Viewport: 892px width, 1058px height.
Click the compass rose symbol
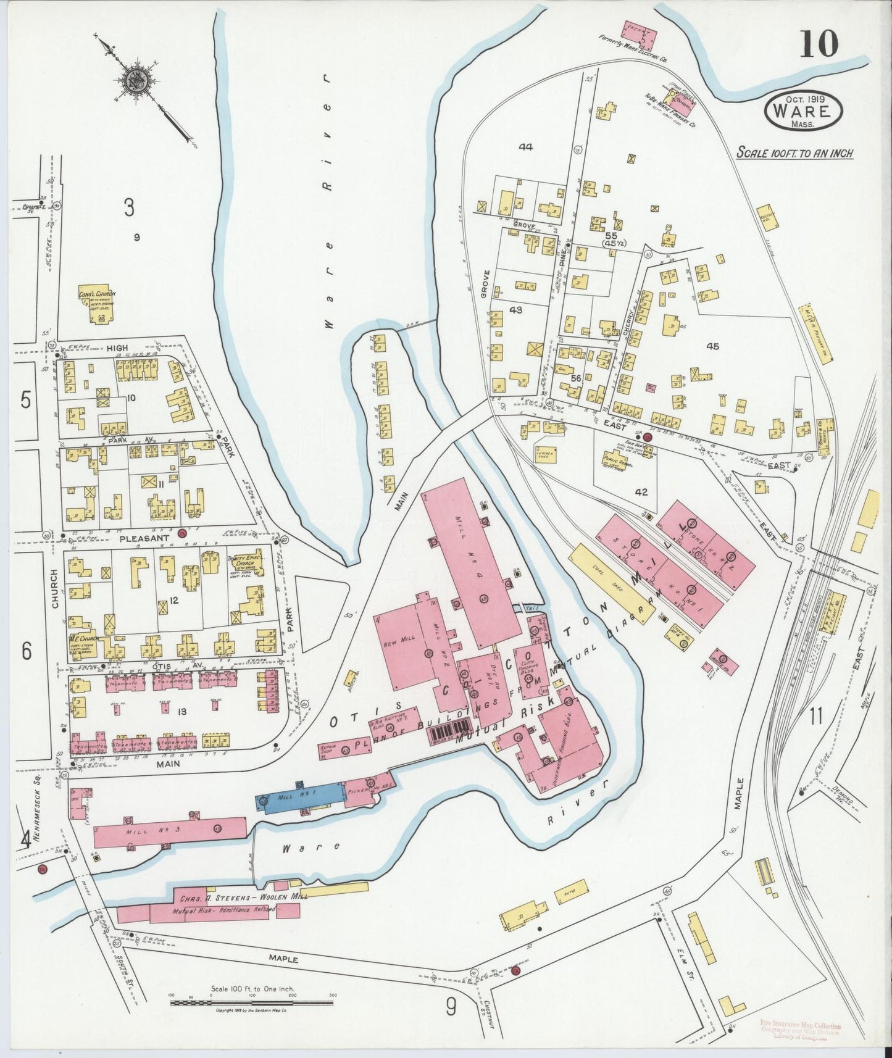(134, 81)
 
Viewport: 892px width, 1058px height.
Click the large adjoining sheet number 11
(816, 717)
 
